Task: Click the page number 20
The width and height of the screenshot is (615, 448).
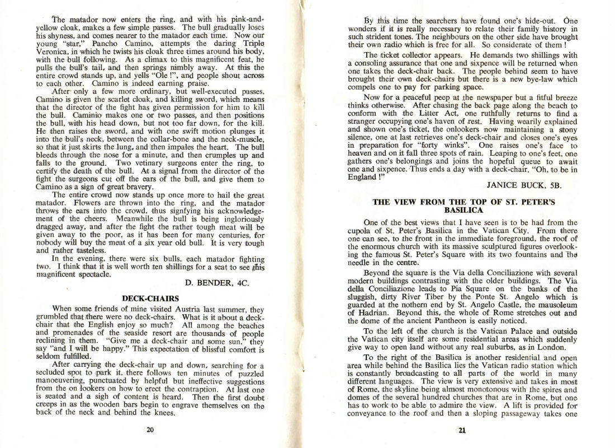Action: click(x=149, y=430)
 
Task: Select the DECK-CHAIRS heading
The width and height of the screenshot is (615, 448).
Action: click(x=150, y=298)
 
